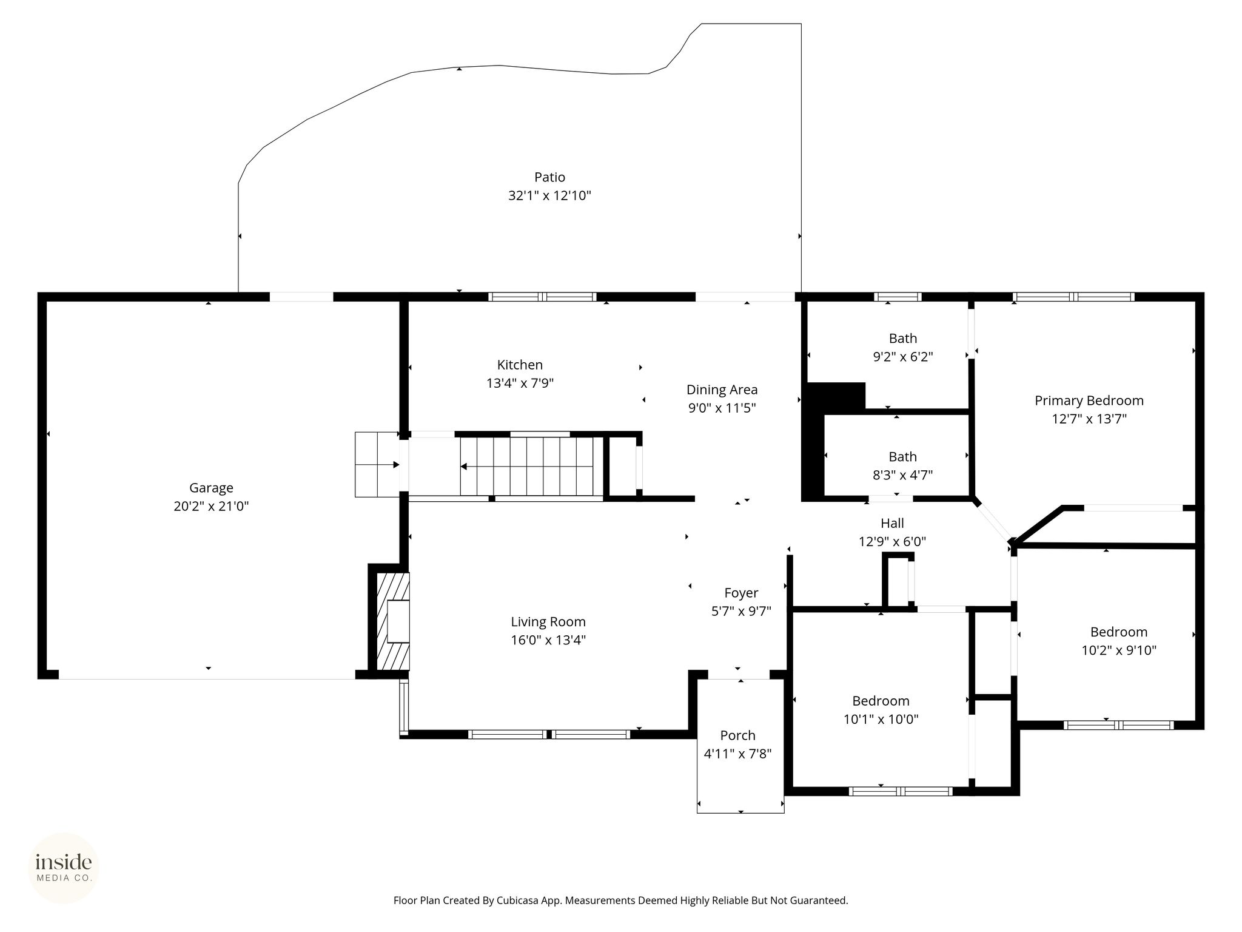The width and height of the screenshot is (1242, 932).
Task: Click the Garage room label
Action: coord(211,488)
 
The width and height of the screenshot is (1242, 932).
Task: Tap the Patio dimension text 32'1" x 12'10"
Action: coord(549,195)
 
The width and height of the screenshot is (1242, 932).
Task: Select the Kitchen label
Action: coord(520,365)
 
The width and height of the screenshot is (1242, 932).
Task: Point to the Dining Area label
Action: coord(722,390)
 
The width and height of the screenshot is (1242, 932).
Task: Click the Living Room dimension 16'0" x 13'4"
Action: coord(548,640)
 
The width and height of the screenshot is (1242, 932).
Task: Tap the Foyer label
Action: coord(741,593)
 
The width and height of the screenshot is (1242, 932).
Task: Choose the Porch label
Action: coord(737,735)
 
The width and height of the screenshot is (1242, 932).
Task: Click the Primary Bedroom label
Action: coord(1089,400)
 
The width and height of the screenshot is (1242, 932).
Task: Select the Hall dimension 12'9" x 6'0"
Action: coord(892,541)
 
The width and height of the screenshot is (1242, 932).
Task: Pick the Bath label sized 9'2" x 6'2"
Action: coord(903,339)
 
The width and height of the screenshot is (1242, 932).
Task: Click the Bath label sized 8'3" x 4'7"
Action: coord(903,457)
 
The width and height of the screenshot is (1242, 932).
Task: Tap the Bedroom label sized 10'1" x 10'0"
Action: coord(881,701)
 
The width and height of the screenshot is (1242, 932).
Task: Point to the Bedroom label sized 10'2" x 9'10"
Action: coord(1119,632)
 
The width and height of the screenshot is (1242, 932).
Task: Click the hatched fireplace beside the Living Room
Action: coord(393,621)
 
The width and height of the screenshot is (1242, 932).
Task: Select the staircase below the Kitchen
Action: coord(526,466)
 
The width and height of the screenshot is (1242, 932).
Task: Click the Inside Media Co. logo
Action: coord(64,868)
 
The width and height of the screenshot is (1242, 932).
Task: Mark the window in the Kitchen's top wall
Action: coord(542,297)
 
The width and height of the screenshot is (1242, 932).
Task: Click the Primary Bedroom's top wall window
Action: coord(1073,297)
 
